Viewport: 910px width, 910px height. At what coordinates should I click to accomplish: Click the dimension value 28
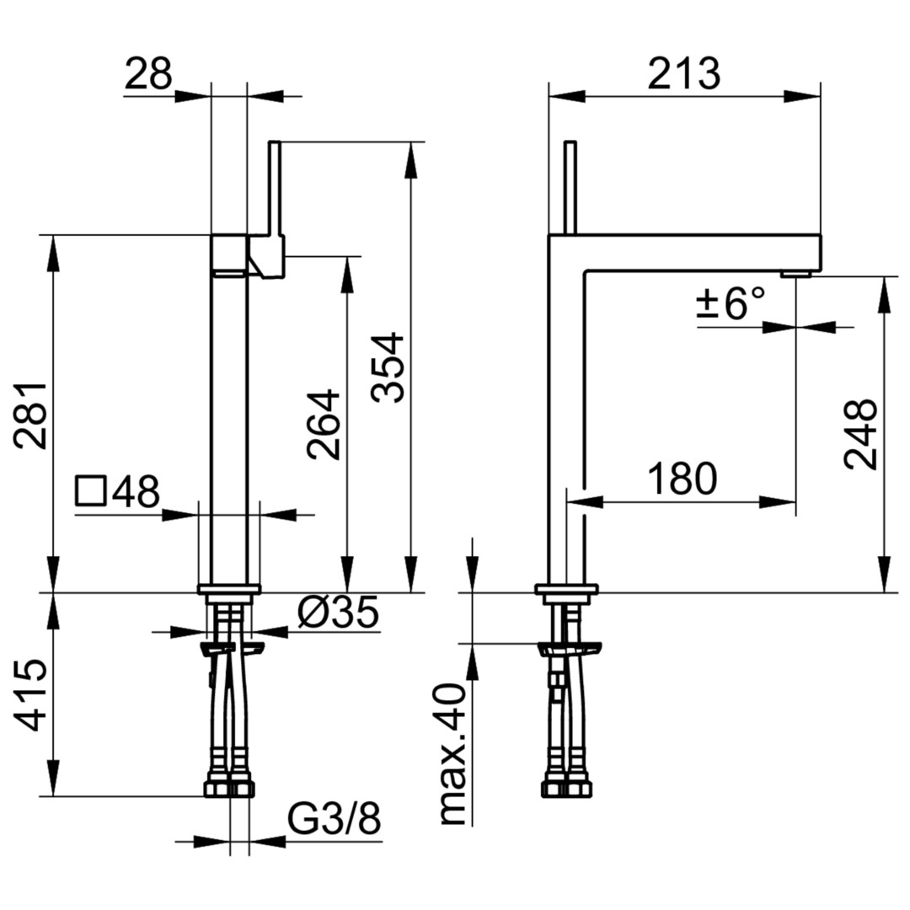(x=148, y=73)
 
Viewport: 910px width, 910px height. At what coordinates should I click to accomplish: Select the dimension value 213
(x=683, y=73)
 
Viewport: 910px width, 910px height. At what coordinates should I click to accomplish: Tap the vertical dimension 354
(x=387, y=367)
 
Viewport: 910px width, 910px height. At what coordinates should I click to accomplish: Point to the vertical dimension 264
(x=324, y=424)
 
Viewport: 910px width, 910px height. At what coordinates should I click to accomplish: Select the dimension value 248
(x=860, y=434)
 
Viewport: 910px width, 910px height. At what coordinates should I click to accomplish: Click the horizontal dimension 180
(x=682, y=479)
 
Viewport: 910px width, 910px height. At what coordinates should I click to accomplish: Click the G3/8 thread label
(x=335, y=820)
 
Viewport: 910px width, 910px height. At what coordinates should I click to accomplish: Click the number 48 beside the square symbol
(x=136, y=491)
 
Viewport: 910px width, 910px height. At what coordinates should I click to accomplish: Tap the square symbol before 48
(x=91, y=491)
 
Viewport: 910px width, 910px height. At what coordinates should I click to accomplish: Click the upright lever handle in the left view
(x=275, y=188)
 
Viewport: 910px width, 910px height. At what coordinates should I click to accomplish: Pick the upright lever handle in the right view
(x=571, y=187)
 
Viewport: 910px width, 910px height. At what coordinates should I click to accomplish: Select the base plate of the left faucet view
(x=228, y=588)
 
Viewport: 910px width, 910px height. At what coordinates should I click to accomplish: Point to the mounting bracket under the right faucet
(x=570, y=649)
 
